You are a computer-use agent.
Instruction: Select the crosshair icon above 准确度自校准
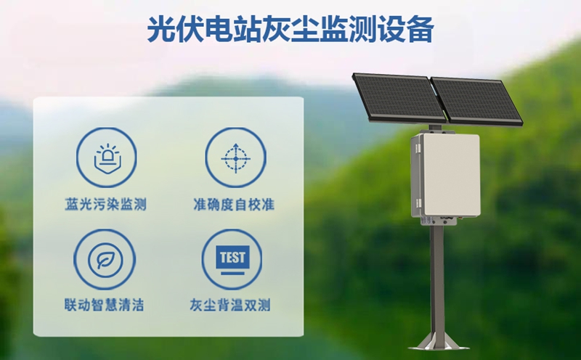pyautogui.click(x=234, y=155)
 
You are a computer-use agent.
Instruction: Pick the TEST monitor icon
pyautogui.click(x=233, y=259)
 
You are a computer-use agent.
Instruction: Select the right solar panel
pyautogui.click(x=476, y=102)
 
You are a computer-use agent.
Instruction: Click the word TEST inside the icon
pyautogui.click(x=233, y=255)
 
